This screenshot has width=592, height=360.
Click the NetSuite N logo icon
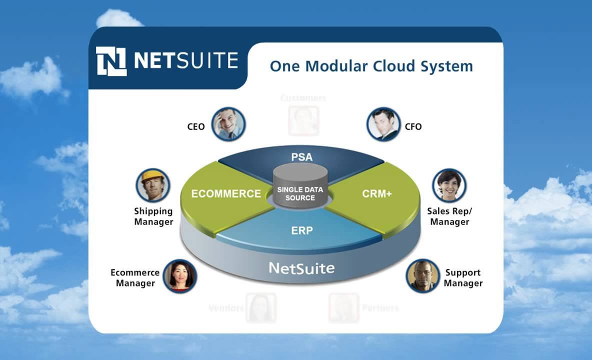pyautogui.click(x=111, y=61)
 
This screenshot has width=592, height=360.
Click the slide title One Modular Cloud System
pyautogui.click(x=371, y=66)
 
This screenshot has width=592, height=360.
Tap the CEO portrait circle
pyautogui.click(x=228, y=123)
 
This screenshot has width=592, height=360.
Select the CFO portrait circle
pyautogui.click(x=383, y=123)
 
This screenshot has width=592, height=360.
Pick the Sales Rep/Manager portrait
pyautogui.click(x=449, y=185)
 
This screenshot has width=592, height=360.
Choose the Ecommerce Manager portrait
pyautogui.click(x=179, y=275)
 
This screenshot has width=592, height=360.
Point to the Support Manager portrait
pyautogui.click(x=422, y=275)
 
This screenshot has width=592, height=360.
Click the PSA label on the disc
pyautogui.click(x=301, y=157)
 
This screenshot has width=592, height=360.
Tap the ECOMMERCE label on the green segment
pyautogui.click(x=226, y=193)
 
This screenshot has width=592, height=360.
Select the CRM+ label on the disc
pyautogui.click(x=377, y=194)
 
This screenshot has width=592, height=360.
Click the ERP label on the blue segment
pyautogui.click(x=301, y=230)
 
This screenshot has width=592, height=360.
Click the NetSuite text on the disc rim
pyautogui.click(x=301, y=268)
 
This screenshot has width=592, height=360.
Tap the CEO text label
pyautogui.click(x=196, y=127)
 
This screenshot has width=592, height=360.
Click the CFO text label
pyautogui.click(x=413, y=127)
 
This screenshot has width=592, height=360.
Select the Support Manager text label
pyautogui.click(x=463, y=278)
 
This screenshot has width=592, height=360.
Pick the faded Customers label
pyautogui.click(x=303, y=97)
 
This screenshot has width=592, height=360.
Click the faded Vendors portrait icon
pyautogui.click(x=261, y=307)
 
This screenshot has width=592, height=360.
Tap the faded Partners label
pyautogui.click(x=380, y=308)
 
